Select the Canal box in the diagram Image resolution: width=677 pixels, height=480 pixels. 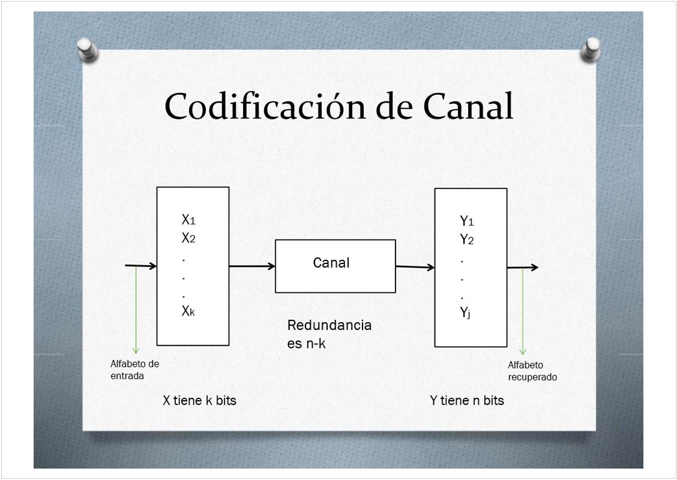[x=335, y=266]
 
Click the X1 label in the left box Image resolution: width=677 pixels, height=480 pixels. [x=188, y=220]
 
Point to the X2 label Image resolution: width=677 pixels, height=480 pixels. [x=188, y=238]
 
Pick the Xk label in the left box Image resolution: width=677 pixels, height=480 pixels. [x=188, y=311]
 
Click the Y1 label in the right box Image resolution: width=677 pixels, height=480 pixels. [x=467, y=221]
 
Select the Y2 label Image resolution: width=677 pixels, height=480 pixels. [x=467, y=239]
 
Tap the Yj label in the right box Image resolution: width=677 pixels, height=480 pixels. [x=465, y=313]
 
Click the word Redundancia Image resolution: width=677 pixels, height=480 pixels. [x=329, y=326]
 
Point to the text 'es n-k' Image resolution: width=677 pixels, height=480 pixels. [x=306, y=343]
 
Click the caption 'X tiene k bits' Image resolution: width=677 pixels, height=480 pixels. [x=200, y=400]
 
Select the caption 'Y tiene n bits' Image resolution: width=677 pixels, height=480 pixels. [x=467, y=400]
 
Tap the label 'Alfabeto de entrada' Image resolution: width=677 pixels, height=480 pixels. [x=134, y=370]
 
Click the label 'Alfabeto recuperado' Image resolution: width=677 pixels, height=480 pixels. [x=532, y=371]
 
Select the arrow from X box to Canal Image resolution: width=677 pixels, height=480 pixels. [x=252, y=266]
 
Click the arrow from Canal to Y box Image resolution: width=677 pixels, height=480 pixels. [x=415, y=267]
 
